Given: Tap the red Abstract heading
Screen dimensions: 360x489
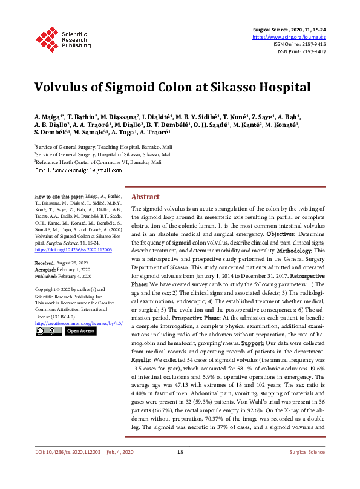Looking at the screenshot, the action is pyautogui.click(x=145, y=197).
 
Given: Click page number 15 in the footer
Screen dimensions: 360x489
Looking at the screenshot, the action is pyautogui.click(x=180, y=469).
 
